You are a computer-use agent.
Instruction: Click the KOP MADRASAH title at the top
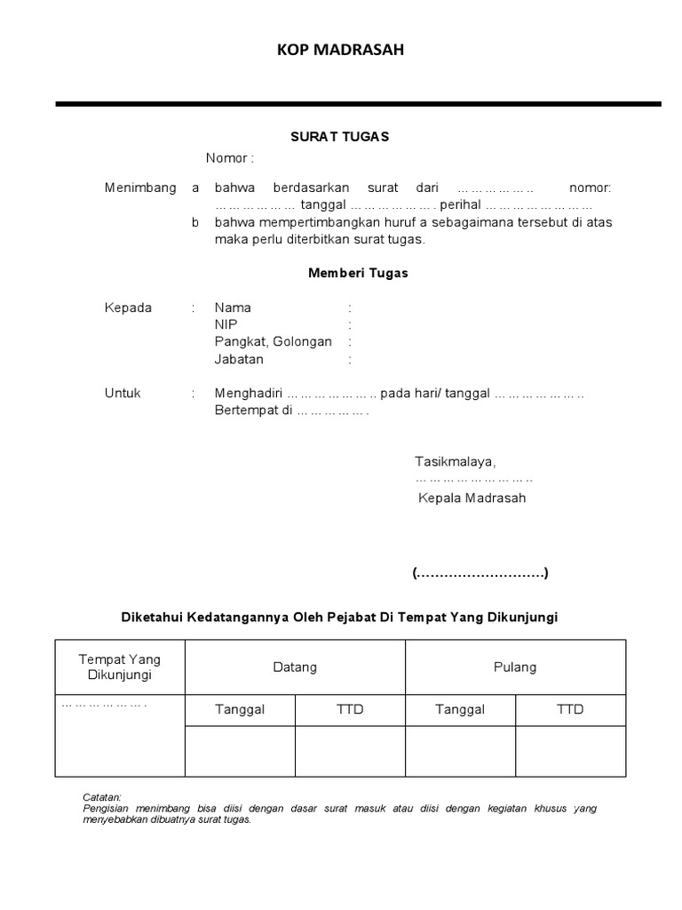coord(340,51)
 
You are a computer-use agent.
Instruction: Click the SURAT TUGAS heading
coord(340,137)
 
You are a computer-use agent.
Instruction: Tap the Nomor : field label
coord(230,158)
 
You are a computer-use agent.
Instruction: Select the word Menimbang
coord(140,188)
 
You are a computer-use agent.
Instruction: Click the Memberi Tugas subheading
coord(358,274)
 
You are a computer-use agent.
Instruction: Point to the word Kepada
coord(129,308)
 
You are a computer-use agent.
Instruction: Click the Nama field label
coord(233,308)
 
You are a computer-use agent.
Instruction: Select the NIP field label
coord(226,325)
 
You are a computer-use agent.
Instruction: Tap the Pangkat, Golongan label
coord(273,342)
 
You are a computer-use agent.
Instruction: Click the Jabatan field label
coord(239,360)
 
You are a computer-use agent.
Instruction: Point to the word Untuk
coord(123,394)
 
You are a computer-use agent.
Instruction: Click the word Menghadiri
coord(248,394)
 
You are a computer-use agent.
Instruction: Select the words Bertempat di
coord(253,411)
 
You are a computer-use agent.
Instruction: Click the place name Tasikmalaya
coord(455,461)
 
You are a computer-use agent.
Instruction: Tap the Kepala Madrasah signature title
coord(472,498)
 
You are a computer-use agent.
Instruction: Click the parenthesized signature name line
coord(480,573)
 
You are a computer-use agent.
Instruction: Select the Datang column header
coord(295,667)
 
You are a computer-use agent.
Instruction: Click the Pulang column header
coord(515,667)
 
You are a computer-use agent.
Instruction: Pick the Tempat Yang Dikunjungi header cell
coord(120,667)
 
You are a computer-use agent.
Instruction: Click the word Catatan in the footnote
coord(102,798)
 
